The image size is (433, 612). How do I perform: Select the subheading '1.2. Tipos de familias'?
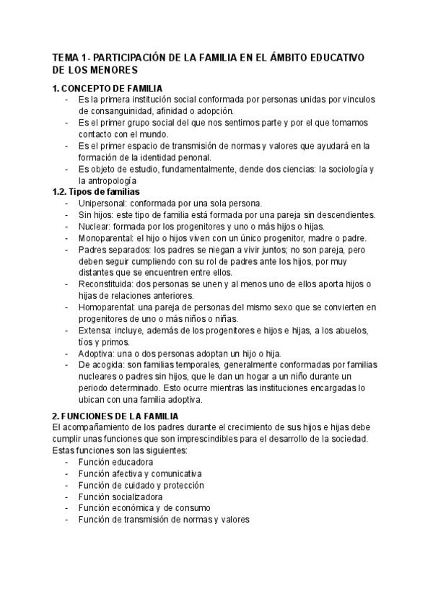(97, 191)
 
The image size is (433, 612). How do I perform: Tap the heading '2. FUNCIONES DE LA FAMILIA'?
(118, 416)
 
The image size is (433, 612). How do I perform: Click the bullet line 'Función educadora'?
(116, 462)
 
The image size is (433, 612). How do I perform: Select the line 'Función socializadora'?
(121, 497)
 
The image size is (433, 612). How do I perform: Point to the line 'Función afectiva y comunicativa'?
(141, 473)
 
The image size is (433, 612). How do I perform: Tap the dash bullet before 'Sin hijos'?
(67, 215)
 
